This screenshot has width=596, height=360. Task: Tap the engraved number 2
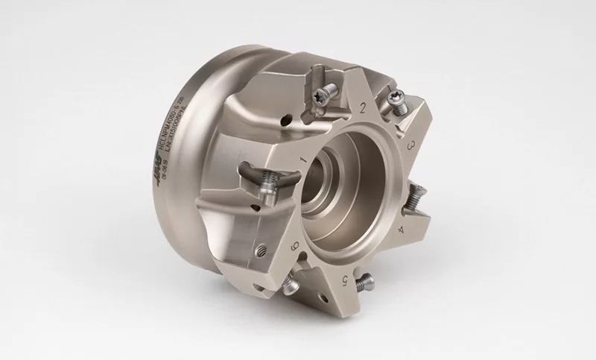(x=363, y=109)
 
